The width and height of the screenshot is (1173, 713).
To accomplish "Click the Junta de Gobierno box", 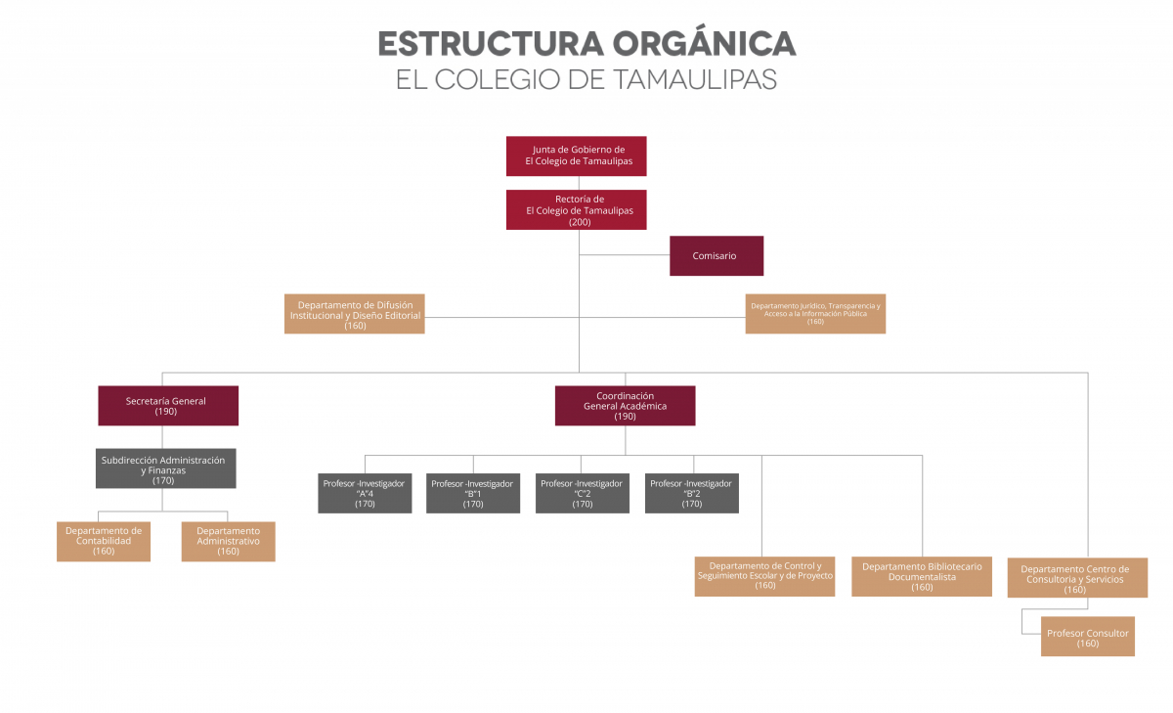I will click(576, 156).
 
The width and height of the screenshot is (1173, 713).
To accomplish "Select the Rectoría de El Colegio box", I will click(576, 210).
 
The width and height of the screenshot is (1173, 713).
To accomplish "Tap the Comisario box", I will click(716, 256).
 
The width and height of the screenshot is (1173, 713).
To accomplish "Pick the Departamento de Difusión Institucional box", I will click(355, 314).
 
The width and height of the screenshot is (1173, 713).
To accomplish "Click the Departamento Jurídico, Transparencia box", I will click(815, 314).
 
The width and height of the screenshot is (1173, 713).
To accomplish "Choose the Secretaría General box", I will click(168, 406).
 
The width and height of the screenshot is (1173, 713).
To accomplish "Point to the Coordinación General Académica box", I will click(625, 406).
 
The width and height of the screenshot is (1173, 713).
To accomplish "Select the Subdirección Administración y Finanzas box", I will click(165, 468).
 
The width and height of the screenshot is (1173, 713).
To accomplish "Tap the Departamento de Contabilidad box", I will click(104, 541).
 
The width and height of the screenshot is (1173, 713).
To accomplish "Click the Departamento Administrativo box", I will click(228, 541).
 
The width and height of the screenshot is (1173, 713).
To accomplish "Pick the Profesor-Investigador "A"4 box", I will click(365, 493).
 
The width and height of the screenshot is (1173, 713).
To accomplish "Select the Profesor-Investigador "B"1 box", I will click(473, 493).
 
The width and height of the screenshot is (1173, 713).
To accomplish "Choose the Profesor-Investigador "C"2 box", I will click(583, 493).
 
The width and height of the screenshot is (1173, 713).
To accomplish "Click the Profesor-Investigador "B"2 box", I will click(692, 493).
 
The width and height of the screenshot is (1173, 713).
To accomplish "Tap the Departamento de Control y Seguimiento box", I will click(764, 576).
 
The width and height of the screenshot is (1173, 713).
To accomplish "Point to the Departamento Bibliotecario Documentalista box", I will click(922, 576).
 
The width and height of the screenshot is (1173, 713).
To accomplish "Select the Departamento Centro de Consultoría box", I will click(1075, 578).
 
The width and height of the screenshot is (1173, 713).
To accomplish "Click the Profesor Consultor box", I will click(1088, 636).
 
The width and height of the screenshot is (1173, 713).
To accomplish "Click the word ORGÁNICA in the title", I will click(704, 44).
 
